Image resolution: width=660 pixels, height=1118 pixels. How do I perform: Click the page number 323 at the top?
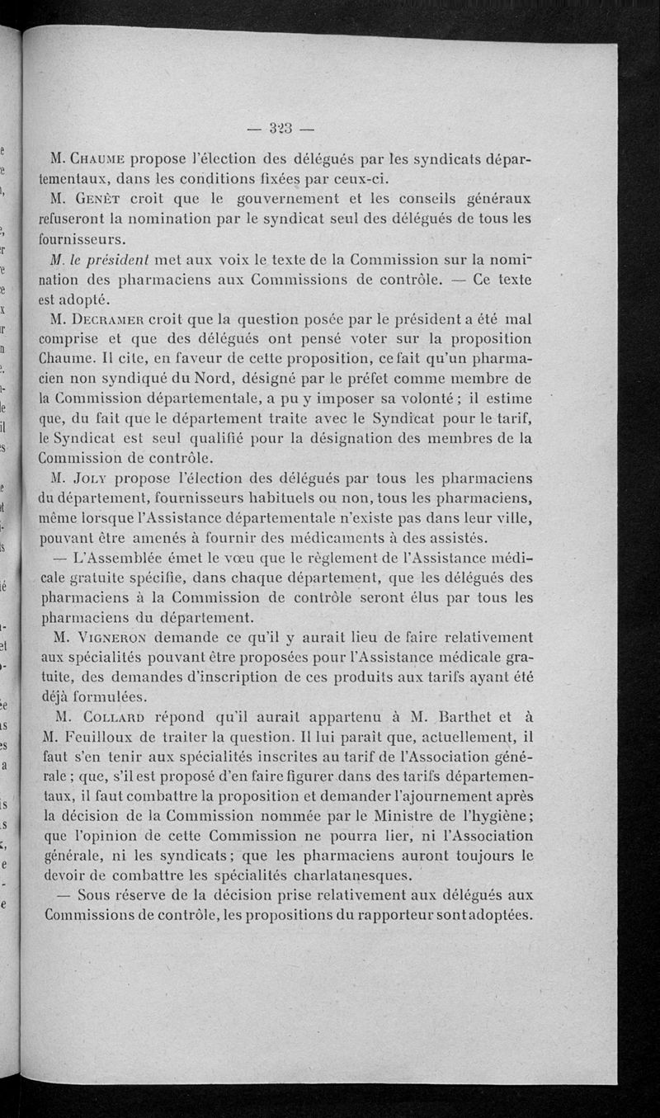(x=280, y=128)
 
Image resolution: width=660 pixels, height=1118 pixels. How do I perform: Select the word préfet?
(x=393, y=379)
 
